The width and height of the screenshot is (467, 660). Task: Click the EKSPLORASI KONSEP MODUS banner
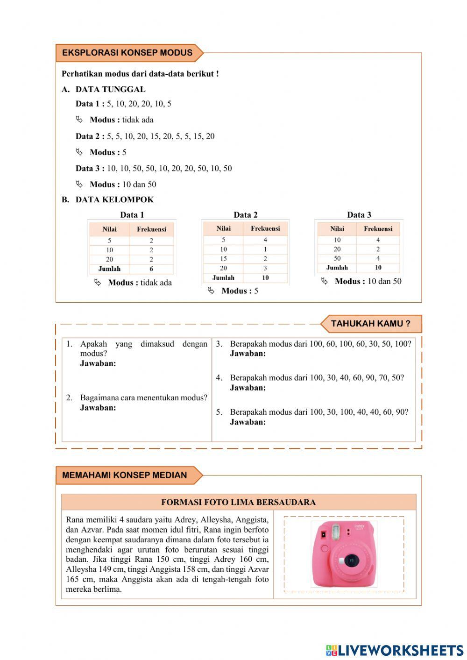coord(127,53)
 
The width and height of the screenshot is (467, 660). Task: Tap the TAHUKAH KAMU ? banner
coord(370,323)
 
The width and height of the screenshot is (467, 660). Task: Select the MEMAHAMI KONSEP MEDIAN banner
coord(124,475)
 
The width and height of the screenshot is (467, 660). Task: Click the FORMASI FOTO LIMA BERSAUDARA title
coord(238,502)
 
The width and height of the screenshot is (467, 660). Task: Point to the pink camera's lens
coord(350,560)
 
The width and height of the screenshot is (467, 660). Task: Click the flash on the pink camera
coord(334,531)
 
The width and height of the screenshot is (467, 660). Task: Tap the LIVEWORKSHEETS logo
coord(395,650)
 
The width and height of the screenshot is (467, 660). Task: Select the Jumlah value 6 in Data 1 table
coord(151,269)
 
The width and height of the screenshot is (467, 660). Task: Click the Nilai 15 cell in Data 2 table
coord(223,259)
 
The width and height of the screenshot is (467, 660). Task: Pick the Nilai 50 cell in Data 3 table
coord(337,258)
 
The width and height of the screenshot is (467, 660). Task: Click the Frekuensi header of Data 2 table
coord(265,228)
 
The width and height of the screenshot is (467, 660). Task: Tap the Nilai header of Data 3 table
coord(337,229)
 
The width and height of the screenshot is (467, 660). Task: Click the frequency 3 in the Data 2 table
coord(265,268)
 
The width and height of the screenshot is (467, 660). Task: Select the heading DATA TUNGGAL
coord(110,89)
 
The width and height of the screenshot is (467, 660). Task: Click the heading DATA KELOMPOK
coord(114,199)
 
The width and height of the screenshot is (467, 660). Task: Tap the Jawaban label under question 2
coord(98,408)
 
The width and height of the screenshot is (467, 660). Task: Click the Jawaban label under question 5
coord(248,422)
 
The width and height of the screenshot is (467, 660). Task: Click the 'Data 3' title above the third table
coord(359,215)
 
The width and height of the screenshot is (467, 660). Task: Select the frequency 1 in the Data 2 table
coord(265,249)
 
